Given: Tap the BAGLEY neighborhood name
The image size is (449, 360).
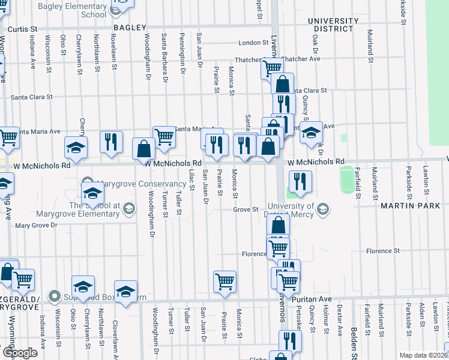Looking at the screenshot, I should point(129,28).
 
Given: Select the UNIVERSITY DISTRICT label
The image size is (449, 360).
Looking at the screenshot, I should point(330,25).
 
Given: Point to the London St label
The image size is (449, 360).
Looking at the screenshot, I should point(253,43).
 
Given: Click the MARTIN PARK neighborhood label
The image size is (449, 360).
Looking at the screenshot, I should point(410,206).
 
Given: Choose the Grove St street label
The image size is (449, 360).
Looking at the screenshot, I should point(246,210).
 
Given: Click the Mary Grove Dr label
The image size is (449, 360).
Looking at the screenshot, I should point(35,226).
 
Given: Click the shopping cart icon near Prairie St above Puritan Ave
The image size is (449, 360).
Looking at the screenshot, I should point(224,280).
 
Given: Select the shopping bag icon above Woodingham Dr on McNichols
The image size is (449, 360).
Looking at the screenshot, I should point(144,148).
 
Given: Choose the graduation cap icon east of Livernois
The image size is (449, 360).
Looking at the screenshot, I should point(312,133).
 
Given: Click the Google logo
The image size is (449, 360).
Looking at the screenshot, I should point(20,353).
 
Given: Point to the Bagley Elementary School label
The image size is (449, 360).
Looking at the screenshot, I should point(72,10).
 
